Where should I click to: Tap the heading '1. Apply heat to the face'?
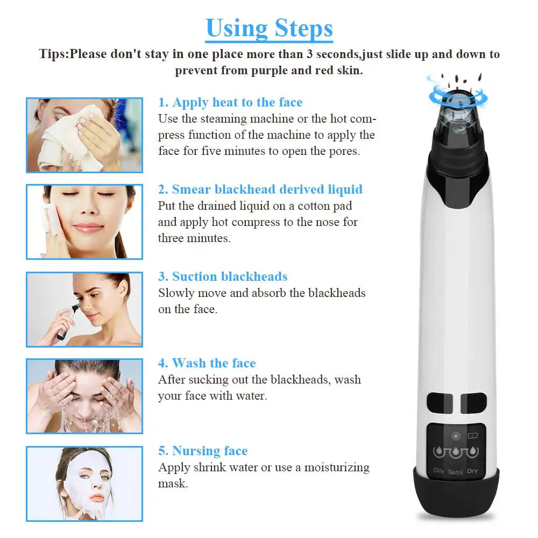point(230,102)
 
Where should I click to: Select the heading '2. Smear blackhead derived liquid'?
point(260,189)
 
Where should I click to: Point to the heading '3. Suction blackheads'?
point(223,277)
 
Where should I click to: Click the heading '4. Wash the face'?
point(207,363)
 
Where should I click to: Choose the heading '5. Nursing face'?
point(203,451)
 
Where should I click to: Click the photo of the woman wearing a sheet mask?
point(84,484)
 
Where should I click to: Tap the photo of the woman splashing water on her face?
point(84,397)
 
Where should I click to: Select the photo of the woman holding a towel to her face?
point(84,135)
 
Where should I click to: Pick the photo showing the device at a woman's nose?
point(84,309)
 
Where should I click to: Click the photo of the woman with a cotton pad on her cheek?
point(84,222)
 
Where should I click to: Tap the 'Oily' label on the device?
point(438,470)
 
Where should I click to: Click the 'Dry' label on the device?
point(472,471)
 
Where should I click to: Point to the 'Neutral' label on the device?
point(455,472)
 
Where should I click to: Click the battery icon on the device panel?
point(473,436)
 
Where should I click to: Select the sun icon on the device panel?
point(456,436)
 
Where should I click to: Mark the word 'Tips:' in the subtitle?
point(54,54)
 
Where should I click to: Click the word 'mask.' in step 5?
point(173,484)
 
